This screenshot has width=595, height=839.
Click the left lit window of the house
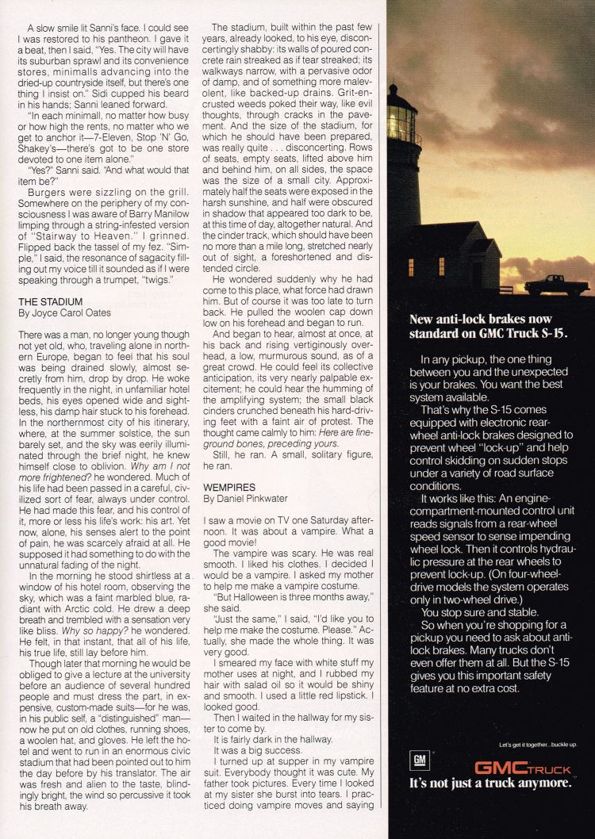pos(410,266)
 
